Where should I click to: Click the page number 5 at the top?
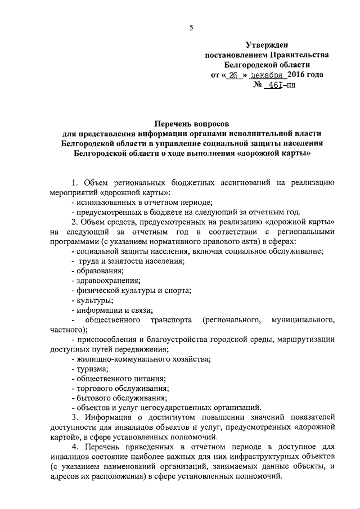point(191,28)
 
